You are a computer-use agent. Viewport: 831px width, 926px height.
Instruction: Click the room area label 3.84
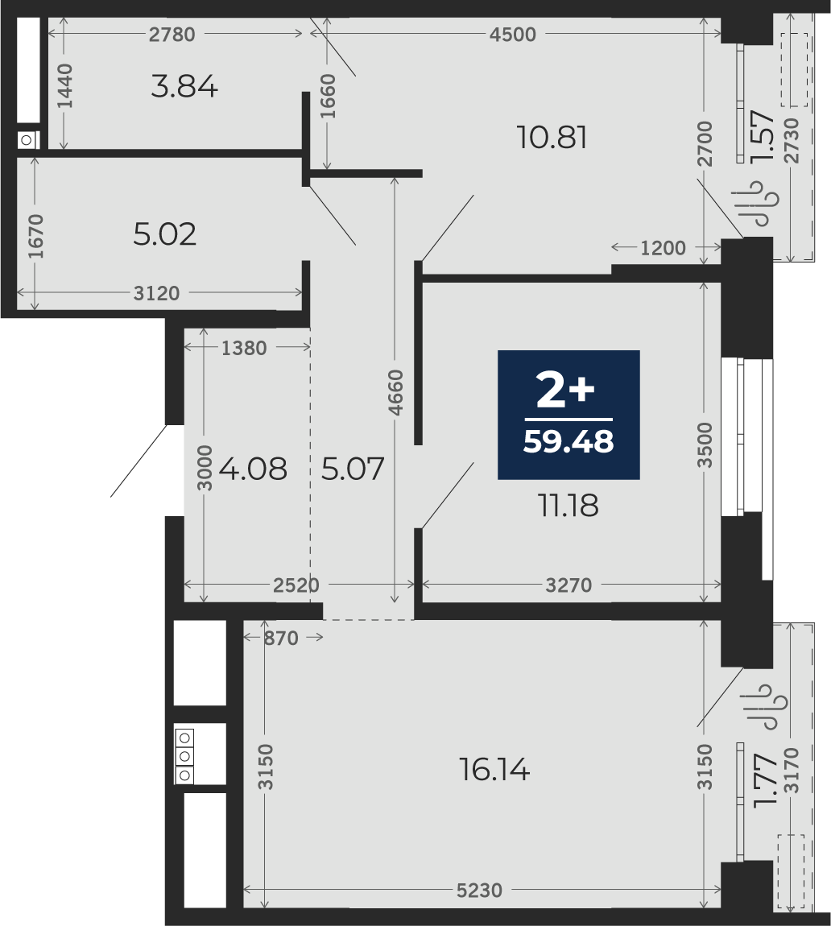[x=184, y=88]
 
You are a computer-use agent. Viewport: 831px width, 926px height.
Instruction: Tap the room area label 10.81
[x=552, y=138]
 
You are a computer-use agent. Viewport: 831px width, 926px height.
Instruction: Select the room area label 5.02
[x=165, y=234]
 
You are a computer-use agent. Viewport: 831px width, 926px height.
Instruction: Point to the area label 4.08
[x=253, y=469]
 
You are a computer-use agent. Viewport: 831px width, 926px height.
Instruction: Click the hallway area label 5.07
[x=353, y=469]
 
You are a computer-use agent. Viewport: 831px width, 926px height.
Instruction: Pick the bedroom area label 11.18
[x=568, y=506]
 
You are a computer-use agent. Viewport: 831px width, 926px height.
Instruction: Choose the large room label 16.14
[x=494, y=770]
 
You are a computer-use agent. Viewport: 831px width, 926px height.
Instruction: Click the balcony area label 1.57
[x=763, y=136]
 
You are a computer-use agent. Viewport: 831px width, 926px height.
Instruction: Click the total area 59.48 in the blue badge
[x=568, y=441]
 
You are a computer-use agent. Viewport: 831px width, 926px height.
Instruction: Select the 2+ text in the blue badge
[x=565, y=391]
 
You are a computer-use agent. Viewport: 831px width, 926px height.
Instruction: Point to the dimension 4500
[x=513, y=35]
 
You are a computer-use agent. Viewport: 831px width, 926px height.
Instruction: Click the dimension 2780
[x=172, y=35]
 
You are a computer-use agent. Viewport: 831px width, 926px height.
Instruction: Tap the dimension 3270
[x=568, y=585]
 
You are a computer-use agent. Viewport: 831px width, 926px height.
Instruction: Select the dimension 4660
[x=395, y=392]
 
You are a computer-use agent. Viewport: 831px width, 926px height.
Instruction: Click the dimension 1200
[x=663, y=248]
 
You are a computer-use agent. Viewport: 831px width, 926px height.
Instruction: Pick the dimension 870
[x=281, y=638]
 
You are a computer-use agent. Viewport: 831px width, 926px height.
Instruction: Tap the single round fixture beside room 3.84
[x=27, y=141]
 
